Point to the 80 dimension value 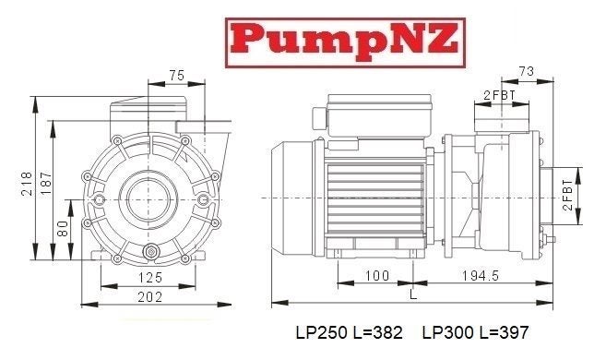62,227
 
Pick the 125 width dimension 149,277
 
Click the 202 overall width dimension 149,296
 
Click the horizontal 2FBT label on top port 500,94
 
